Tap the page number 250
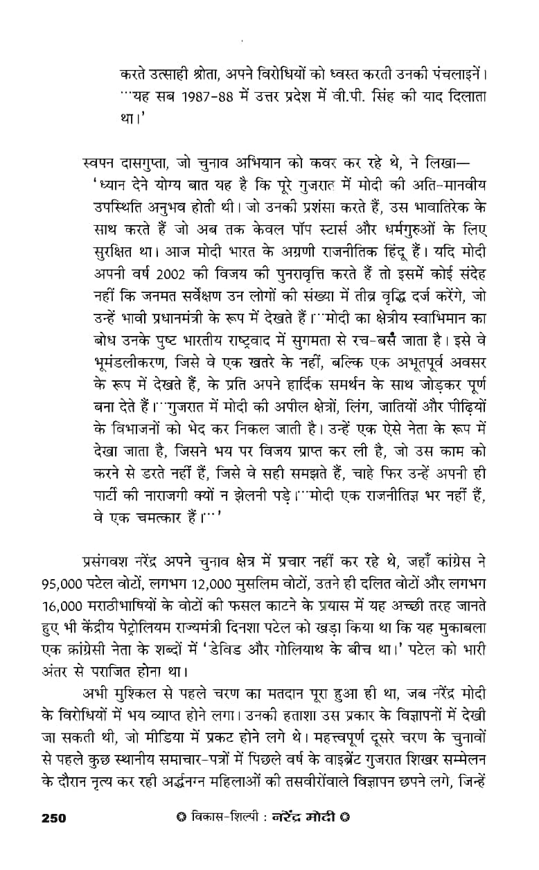53,818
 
